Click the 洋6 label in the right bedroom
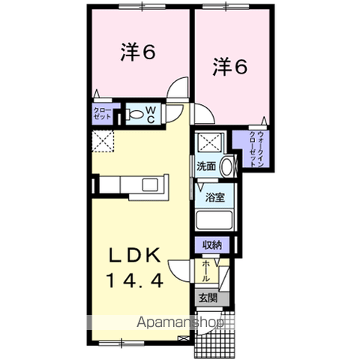230,67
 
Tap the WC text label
150,115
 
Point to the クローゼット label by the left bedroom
102,115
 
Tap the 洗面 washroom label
208,166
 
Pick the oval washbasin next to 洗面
228,166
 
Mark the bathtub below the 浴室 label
214,220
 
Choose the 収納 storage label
212,244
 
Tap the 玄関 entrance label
207,298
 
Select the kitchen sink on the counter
147,185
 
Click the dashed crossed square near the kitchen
101,140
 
